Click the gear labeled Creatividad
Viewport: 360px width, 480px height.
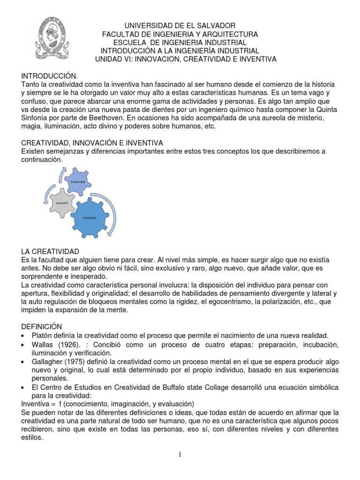pyautogui.click(x=77, y=181)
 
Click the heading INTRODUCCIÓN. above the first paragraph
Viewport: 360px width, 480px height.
pyautogui.click(x=49, y=75)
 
